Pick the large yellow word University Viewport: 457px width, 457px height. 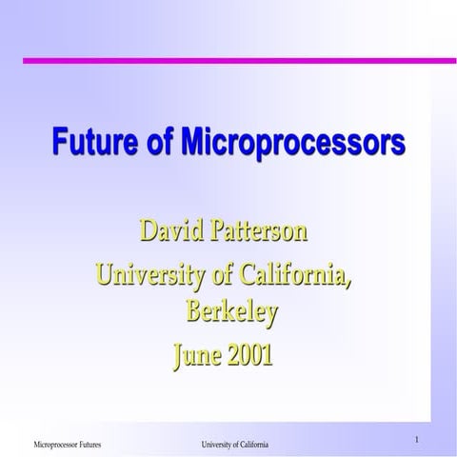(x=152, y=277)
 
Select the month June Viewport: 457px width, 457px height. (x=197, y=355)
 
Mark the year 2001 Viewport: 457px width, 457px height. (x=250, y=355)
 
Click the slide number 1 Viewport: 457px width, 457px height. (x=417, y=439)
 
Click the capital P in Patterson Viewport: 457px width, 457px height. (x=227, y=231)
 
